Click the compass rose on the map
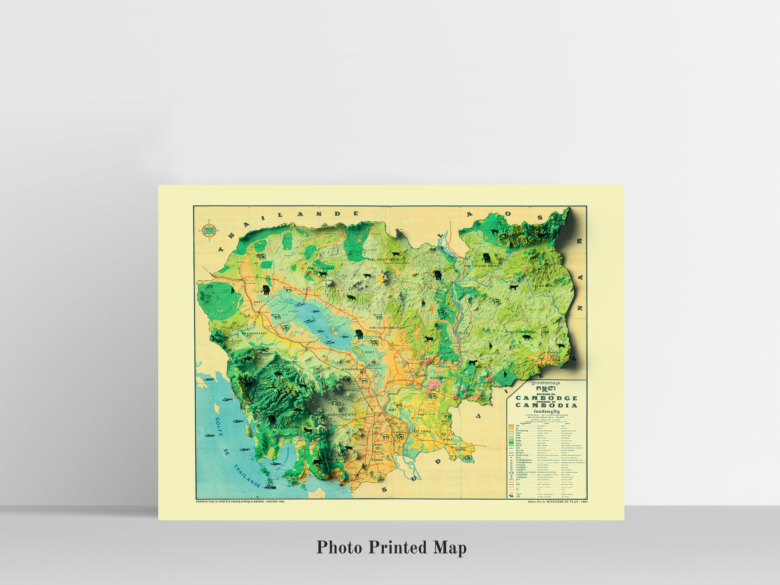[x=210, y=231]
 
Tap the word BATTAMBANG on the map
[x=254, y=333]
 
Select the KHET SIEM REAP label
[x=320, y=268]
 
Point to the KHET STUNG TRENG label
[x=481, y=266]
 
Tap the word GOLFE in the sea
[x=220, y=424]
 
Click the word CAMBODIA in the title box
[x=546, y=405]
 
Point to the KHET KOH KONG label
[x=286, y=428]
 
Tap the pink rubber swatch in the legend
[x=511, y=426]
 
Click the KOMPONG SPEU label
[x=342, y=414]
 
